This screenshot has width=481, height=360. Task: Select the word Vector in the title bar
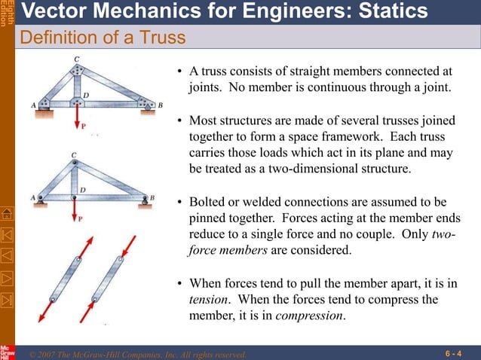[51, 11]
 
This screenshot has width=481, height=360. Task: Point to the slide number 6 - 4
[453, 352]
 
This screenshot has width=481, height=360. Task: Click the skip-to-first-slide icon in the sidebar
[8, 233]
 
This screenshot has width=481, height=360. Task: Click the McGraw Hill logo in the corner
[7, 351]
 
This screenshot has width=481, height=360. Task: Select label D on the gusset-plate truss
[86, 95]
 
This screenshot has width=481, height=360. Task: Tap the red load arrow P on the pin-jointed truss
[74, 211]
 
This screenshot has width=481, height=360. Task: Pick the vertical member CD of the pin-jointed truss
[74, 178]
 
